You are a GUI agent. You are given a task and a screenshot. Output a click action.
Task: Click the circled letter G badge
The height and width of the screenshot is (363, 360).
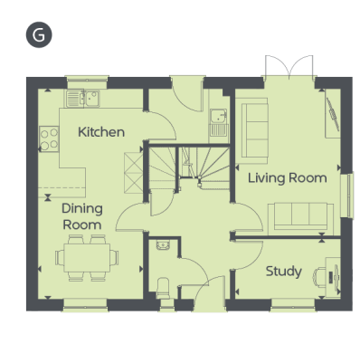tap(39, 34)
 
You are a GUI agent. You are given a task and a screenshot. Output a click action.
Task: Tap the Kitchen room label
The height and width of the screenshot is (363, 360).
tap(101, 132)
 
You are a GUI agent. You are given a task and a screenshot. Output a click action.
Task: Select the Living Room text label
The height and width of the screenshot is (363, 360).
tap(288, 178)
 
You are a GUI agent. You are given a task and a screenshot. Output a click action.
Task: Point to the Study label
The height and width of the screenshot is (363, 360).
tap(283, 272)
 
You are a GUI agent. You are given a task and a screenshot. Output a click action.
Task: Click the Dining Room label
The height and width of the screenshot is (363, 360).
tap(82, 216)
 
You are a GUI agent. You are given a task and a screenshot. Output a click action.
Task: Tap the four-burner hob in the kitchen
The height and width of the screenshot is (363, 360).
tap(49, 139)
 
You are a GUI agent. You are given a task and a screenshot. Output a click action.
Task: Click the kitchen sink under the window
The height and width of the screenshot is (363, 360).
tap(83, 99)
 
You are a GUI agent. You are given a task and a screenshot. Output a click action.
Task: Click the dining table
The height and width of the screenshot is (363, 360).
tap(87, 258)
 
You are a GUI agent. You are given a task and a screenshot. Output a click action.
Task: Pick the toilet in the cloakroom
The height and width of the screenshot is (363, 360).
tap(164, 288)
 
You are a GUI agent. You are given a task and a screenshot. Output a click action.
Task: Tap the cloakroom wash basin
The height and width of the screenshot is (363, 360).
tap(163, 245)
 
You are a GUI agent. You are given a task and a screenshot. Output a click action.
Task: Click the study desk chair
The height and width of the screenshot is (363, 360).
tap(319, 276)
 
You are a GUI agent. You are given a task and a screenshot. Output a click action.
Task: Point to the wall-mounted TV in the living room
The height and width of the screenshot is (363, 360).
tap(333, 115)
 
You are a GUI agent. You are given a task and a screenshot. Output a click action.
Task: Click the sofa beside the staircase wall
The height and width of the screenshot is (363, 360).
tap(251, 130)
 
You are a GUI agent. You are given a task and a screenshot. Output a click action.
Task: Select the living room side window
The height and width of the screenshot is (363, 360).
tap(347, 196)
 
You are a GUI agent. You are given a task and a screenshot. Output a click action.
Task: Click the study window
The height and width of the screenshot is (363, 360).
tap(293, 304)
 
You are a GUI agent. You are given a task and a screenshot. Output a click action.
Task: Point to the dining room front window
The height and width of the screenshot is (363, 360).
tap(85, 304)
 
